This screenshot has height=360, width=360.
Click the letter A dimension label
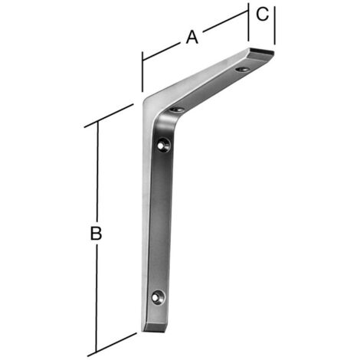tap(192, 38)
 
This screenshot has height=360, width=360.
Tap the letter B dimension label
tap(97, 233)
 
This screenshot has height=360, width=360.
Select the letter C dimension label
tap(263, 14)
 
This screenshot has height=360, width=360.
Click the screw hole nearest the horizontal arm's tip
tap(242, 69)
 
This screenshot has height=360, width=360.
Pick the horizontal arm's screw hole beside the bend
tap(177, 110)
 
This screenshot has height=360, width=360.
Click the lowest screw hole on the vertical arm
tap(159, 297)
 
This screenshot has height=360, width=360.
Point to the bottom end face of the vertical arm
tap(155, 328)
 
